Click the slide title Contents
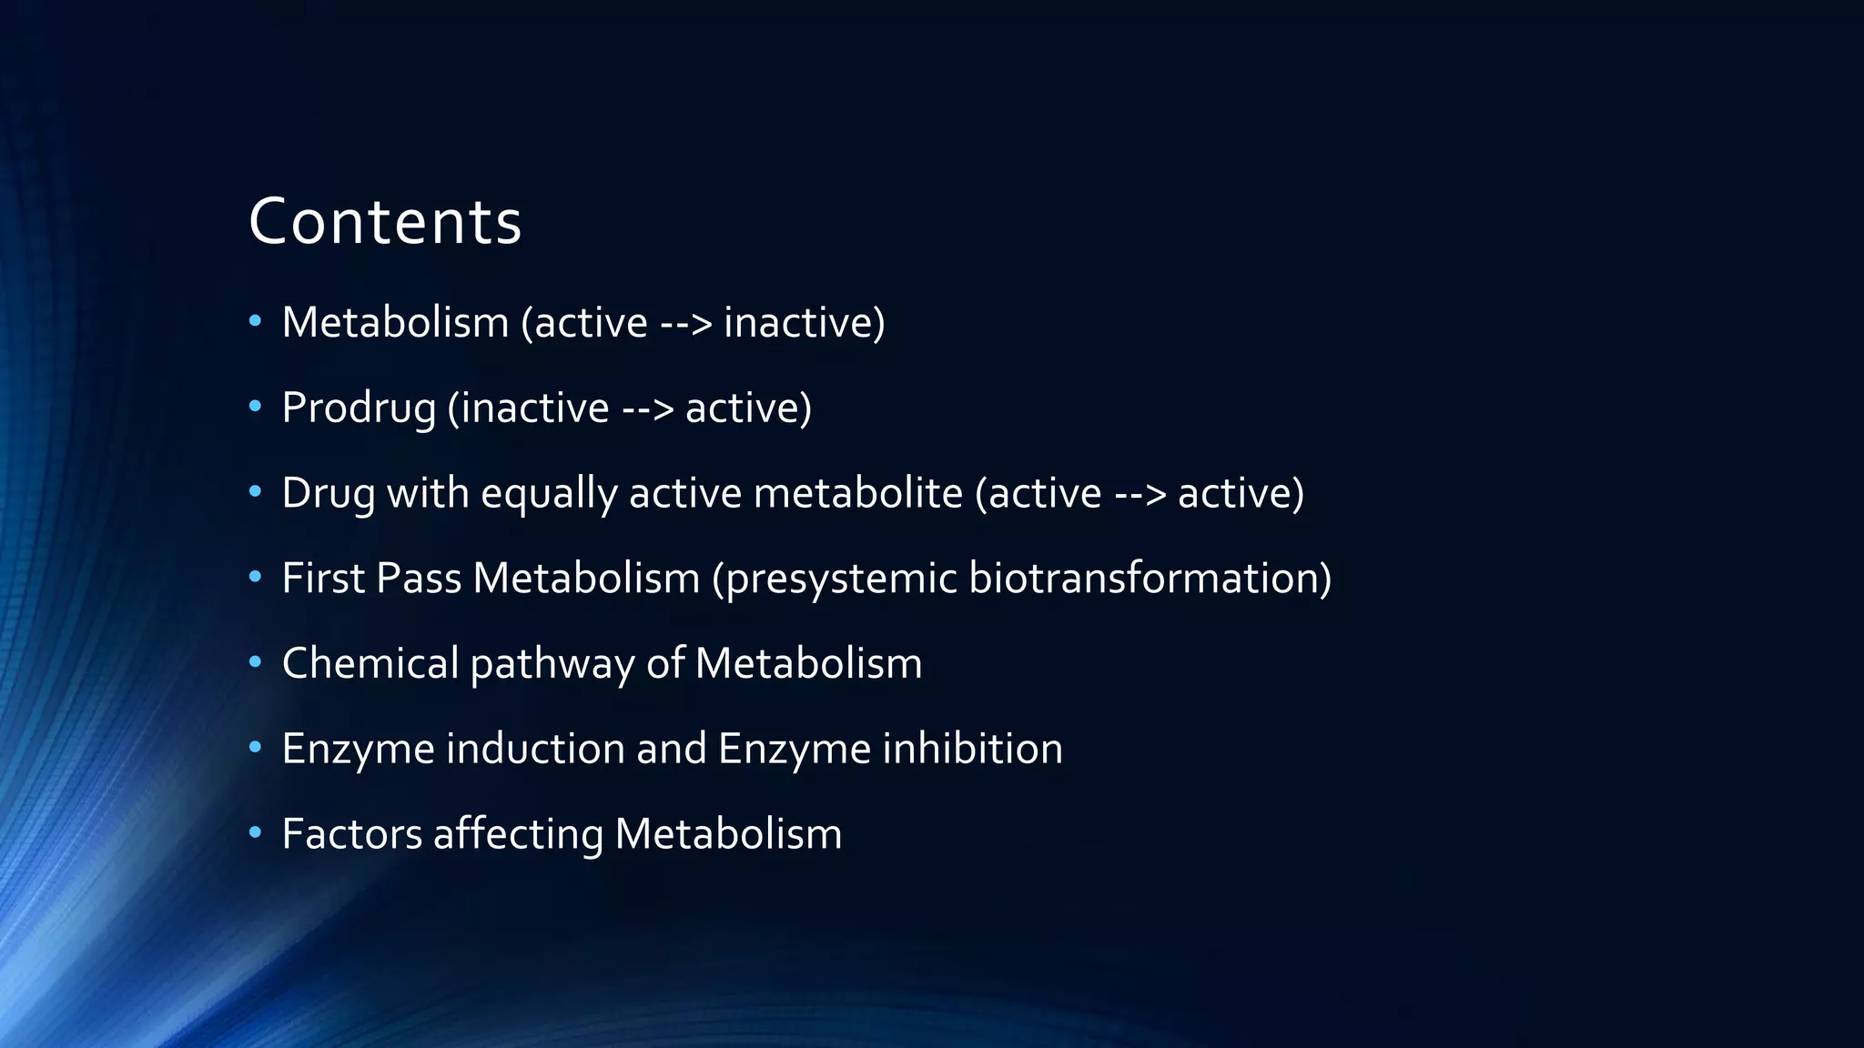pos(385,222)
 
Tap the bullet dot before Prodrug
pos(255,407)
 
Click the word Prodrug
pos(359,408)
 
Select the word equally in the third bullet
pos(548,493)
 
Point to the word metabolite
pos(857,493)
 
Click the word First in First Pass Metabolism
pos(322,579)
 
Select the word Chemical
pos(370,663)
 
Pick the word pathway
pos(552,664)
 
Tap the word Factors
pos(352,834)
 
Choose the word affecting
pos(518,834)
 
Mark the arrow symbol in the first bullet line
pos(685,323)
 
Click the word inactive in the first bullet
pos(804,322)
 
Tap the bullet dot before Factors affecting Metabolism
pos(255,832)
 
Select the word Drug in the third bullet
pos(328,493)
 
